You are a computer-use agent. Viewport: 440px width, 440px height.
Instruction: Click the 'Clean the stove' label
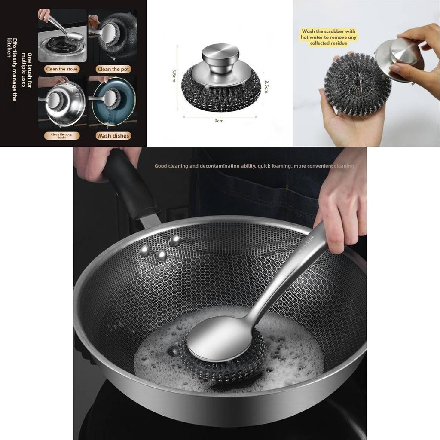point(62,69)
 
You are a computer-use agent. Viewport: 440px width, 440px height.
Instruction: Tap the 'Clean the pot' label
point(113,69)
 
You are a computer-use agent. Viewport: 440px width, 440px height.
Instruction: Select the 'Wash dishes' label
point(113,136)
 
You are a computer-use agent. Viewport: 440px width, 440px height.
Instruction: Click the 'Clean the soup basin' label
point(62,136)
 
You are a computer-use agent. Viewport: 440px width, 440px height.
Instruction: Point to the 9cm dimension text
point(219,121)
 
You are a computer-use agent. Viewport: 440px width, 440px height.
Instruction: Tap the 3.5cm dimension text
point(266,88)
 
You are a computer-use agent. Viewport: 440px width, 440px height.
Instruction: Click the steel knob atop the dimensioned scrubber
point(220,52)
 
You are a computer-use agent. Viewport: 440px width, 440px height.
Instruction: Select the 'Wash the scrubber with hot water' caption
point(329,37)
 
